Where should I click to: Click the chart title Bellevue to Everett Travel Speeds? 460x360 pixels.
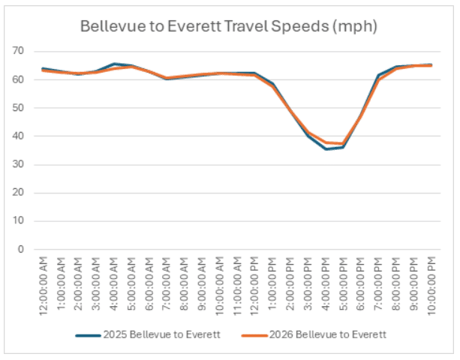pos(229,27)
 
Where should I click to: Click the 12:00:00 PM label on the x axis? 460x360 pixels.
pos(254,285)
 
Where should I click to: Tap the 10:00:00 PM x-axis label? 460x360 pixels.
pos(431,285)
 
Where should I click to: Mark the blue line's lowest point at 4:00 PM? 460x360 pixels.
pos(325,148)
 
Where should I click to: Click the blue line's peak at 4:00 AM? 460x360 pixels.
pos(113,64)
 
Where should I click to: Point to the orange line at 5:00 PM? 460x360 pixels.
pos(342,143)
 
